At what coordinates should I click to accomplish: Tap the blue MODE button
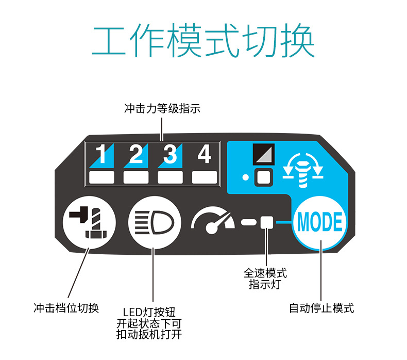[x=320, y=222]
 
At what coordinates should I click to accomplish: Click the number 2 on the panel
[x=136, y=155]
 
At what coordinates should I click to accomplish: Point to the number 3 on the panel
[x=170, y=155]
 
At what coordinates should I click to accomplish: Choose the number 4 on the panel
[x=205, y=154]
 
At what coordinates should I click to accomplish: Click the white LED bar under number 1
[x=101, y=177]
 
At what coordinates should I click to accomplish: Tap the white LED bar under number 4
[x=205, y=177]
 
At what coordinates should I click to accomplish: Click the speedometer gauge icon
[x=212, y=222]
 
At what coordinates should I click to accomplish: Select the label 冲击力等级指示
[x=162, y=108]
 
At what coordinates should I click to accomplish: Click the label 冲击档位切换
[x=66, y=308]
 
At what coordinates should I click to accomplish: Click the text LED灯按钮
[x=149, y=312]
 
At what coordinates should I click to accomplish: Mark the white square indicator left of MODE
[x=266, y=222]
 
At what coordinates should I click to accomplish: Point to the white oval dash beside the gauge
[x=248, y=222]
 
